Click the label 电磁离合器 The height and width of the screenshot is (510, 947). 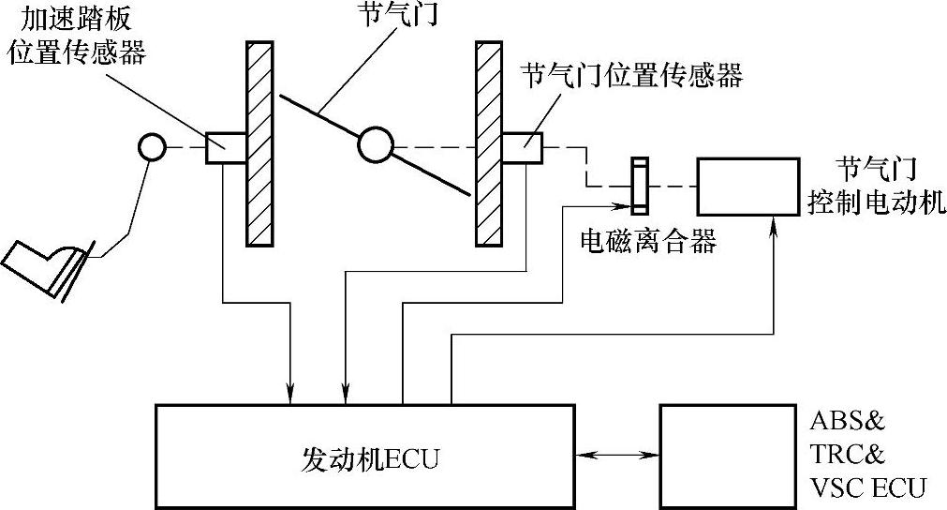[x=648, y=243]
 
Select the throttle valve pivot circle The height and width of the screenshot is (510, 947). [x=374, y=145]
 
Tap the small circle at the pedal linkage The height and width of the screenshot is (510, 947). [x=151, y=146]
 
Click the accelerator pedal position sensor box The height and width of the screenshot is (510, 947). [x=225, y=147]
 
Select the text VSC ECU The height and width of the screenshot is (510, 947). [x=866, y=487]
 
